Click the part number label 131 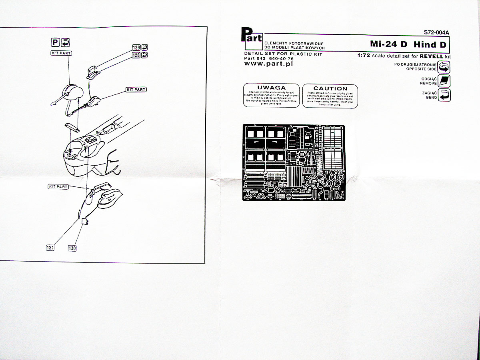coord(50,248)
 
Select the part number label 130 coord(72,248)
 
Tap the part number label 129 coord(136,47)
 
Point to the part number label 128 coord(136,55)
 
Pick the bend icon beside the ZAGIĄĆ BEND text coord(444,95)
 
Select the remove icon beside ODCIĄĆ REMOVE coord(444,81)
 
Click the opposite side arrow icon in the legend coord(444,67)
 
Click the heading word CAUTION coord(330,88)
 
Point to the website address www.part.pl coord(268,64)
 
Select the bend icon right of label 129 coord(145,47)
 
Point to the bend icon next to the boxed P coord(66,42)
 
